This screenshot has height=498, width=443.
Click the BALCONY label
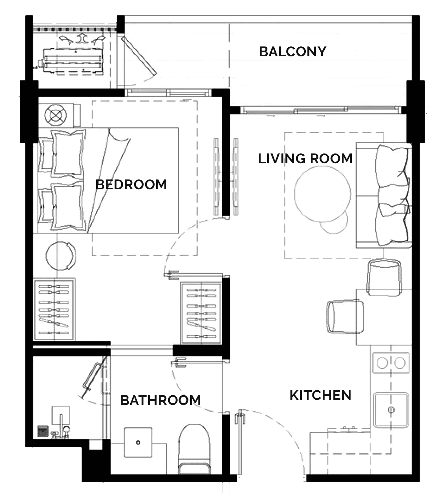click(x=292, y=52)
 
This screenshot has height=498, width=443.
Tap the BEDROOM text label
click(x=131, y=185)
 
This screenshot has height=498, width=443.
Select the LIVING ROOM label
click(x=305, y=159)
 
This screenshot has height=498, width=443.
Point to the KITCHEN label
click(x=320, y=395)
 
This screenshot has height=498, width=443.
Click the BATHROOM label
click(x=161, y=400)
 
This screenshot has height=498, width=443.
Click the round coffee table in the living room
click(x=322, y=194)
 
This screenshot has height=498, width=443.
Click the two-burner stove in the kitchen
click(x=391, y=363)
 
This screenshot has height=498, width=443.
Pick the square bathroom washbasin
click(x=138, y=442)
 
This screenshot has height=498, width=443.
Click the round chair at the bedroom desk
click(x=61, y=256)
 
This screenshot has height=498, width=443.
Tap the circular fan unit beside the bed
click(x=56, y=115)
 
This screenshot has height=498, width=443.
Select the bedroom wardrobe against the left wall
click(x=54, y=309)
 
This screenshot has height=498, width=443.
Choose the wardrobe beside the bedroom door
click(x=201, y=313)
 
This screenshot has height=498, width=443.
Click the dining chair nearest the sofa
click(x=384, y=277)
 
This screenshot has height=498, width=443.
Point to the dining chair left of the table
click(x=345, y=317)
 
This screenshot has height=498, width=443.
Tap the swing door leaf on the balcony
click(x=139, y=56)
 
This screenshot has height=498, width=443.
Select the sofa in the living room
click(x=384, y=195)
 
